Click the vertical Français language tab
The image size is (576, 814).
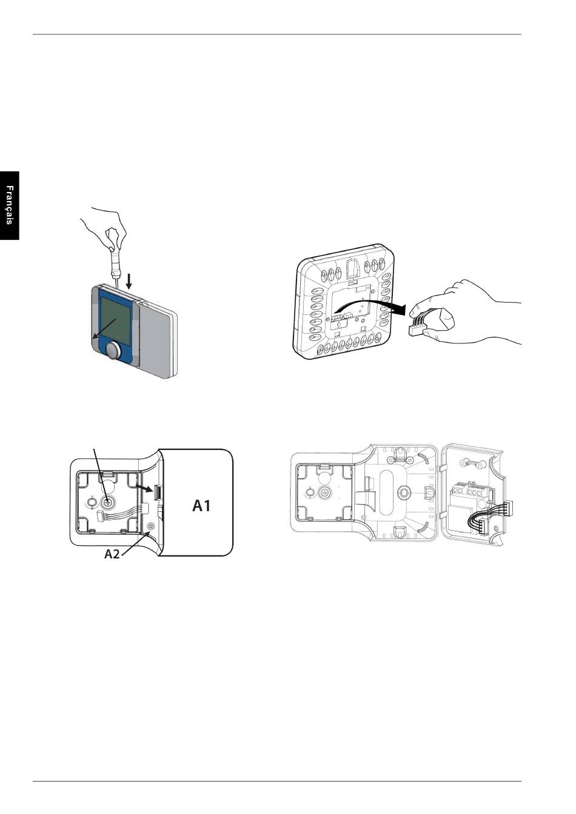10,206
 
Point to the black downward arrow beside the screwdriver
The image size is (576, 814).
129,282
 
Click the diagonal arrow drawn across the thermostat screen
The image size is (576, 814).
104,329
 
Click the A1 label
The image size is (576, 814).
201,506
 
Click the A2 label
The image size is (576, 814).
112,554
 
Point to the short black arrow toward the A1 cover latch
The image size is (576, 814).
144,488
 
